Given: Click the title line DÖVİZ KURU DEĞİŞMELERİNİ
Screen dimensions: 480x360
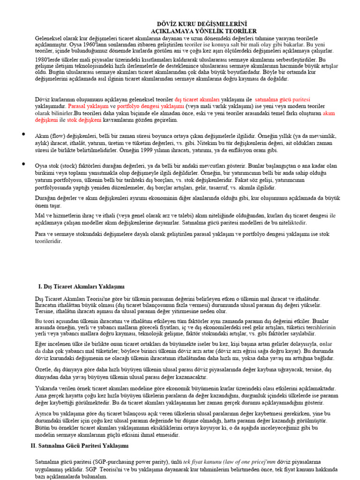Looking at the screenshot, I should click(202, 24).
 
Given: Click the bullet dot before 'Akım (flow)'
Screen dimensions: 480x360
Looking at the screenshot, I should click(22, 135).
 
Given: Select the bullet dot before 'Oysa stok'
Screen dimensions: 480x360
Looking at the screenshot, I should click(22, 164).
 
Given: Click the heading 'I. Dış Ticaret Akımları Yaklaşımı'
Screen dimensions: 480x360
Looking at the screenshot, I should click(81, 286).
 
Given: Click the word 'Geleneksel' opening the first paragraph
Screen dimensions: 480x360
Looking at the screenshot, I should click(50, 38).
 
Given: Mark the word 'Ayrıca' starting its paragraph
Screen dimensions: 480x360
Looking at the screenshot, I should click(45, 413).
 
